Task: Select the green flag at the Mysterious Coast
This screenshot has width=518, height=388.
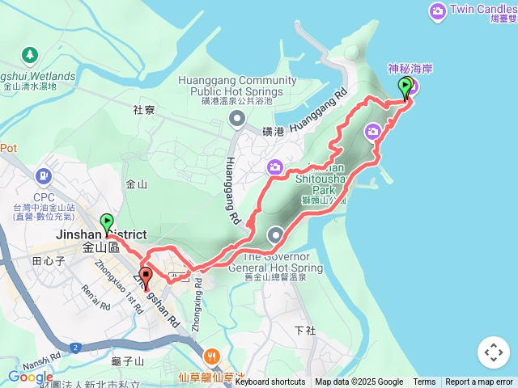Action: pyautogui.click(x=405, y=86)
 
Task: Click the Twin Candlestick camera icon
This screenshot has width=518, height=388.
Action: pyautogui.click(x=438, y=11)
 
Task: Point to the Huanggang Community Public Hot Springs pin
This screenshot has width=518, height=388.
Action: pyautogui.click(x=236, y=120)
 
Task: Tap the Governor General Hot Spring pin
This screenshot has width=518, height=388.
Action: pyautogui.click(x=277, y=236)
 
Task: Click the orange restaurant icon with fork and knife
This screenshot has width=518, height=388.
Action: pyautogui.click(x=211, y=355)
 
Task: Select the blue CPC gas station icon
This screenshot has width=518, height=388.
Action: pyautogui.click(x=43, y=175)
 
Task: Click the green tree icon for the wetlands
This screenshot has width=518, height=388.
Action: pyautogui.click(x=30, y=55)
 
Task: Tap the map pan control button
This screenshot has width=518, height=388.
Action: pyautogui.click(x=493, y=352)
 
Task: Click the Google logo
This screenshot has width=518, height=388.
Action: pyautogui.click(x=30, y=377)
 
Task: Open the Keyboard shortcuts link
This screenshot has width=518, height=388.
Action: pyautogui.click(x=270, y=382)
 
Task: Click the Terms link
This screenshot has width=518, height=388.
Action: pyautogui.click(x=424, y=382)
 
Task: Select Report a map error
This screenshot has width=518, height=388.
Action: pyautogui.click(x=479, y=382)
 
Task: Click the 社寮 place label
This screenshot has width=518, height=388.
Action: pyautogui.click(x=144, y=109)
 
